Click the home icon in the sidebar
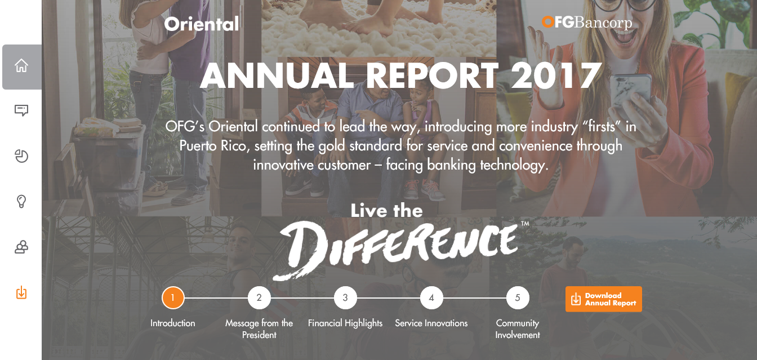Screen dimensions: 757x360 (21, 65)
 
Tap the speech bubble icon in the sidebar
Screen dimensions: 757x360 (21, 110)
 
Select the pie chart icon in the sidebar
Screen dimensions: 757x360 (21, 156)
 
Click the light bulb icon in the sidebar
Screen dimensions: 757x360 (21, 202)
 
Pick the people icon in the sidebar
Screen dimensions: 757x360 (21, 247)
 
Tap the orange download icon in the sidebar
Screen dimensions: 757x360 (21, 292)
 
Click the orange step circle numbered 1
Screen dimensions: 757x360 (173, 298)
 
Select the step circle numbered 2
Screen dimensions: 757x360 (259, 298)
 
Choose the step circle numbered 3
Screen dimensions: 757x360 (345, 298)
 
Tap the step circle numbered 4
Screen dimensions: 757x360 (431, 298)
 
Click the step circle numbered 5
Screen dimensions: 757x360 (518, 298)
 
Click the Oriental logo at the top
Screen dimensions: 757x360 (202, 24)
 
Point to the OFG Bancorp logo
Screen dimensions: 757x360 (587, 23)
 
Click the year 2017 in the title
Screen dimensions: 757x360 (556, 75)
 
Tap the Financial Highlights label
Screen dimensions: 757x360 (345, 323)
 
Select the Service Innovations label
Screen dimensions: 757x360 (431, 323)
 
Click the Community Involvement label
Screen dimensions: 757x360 (518, 329)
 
